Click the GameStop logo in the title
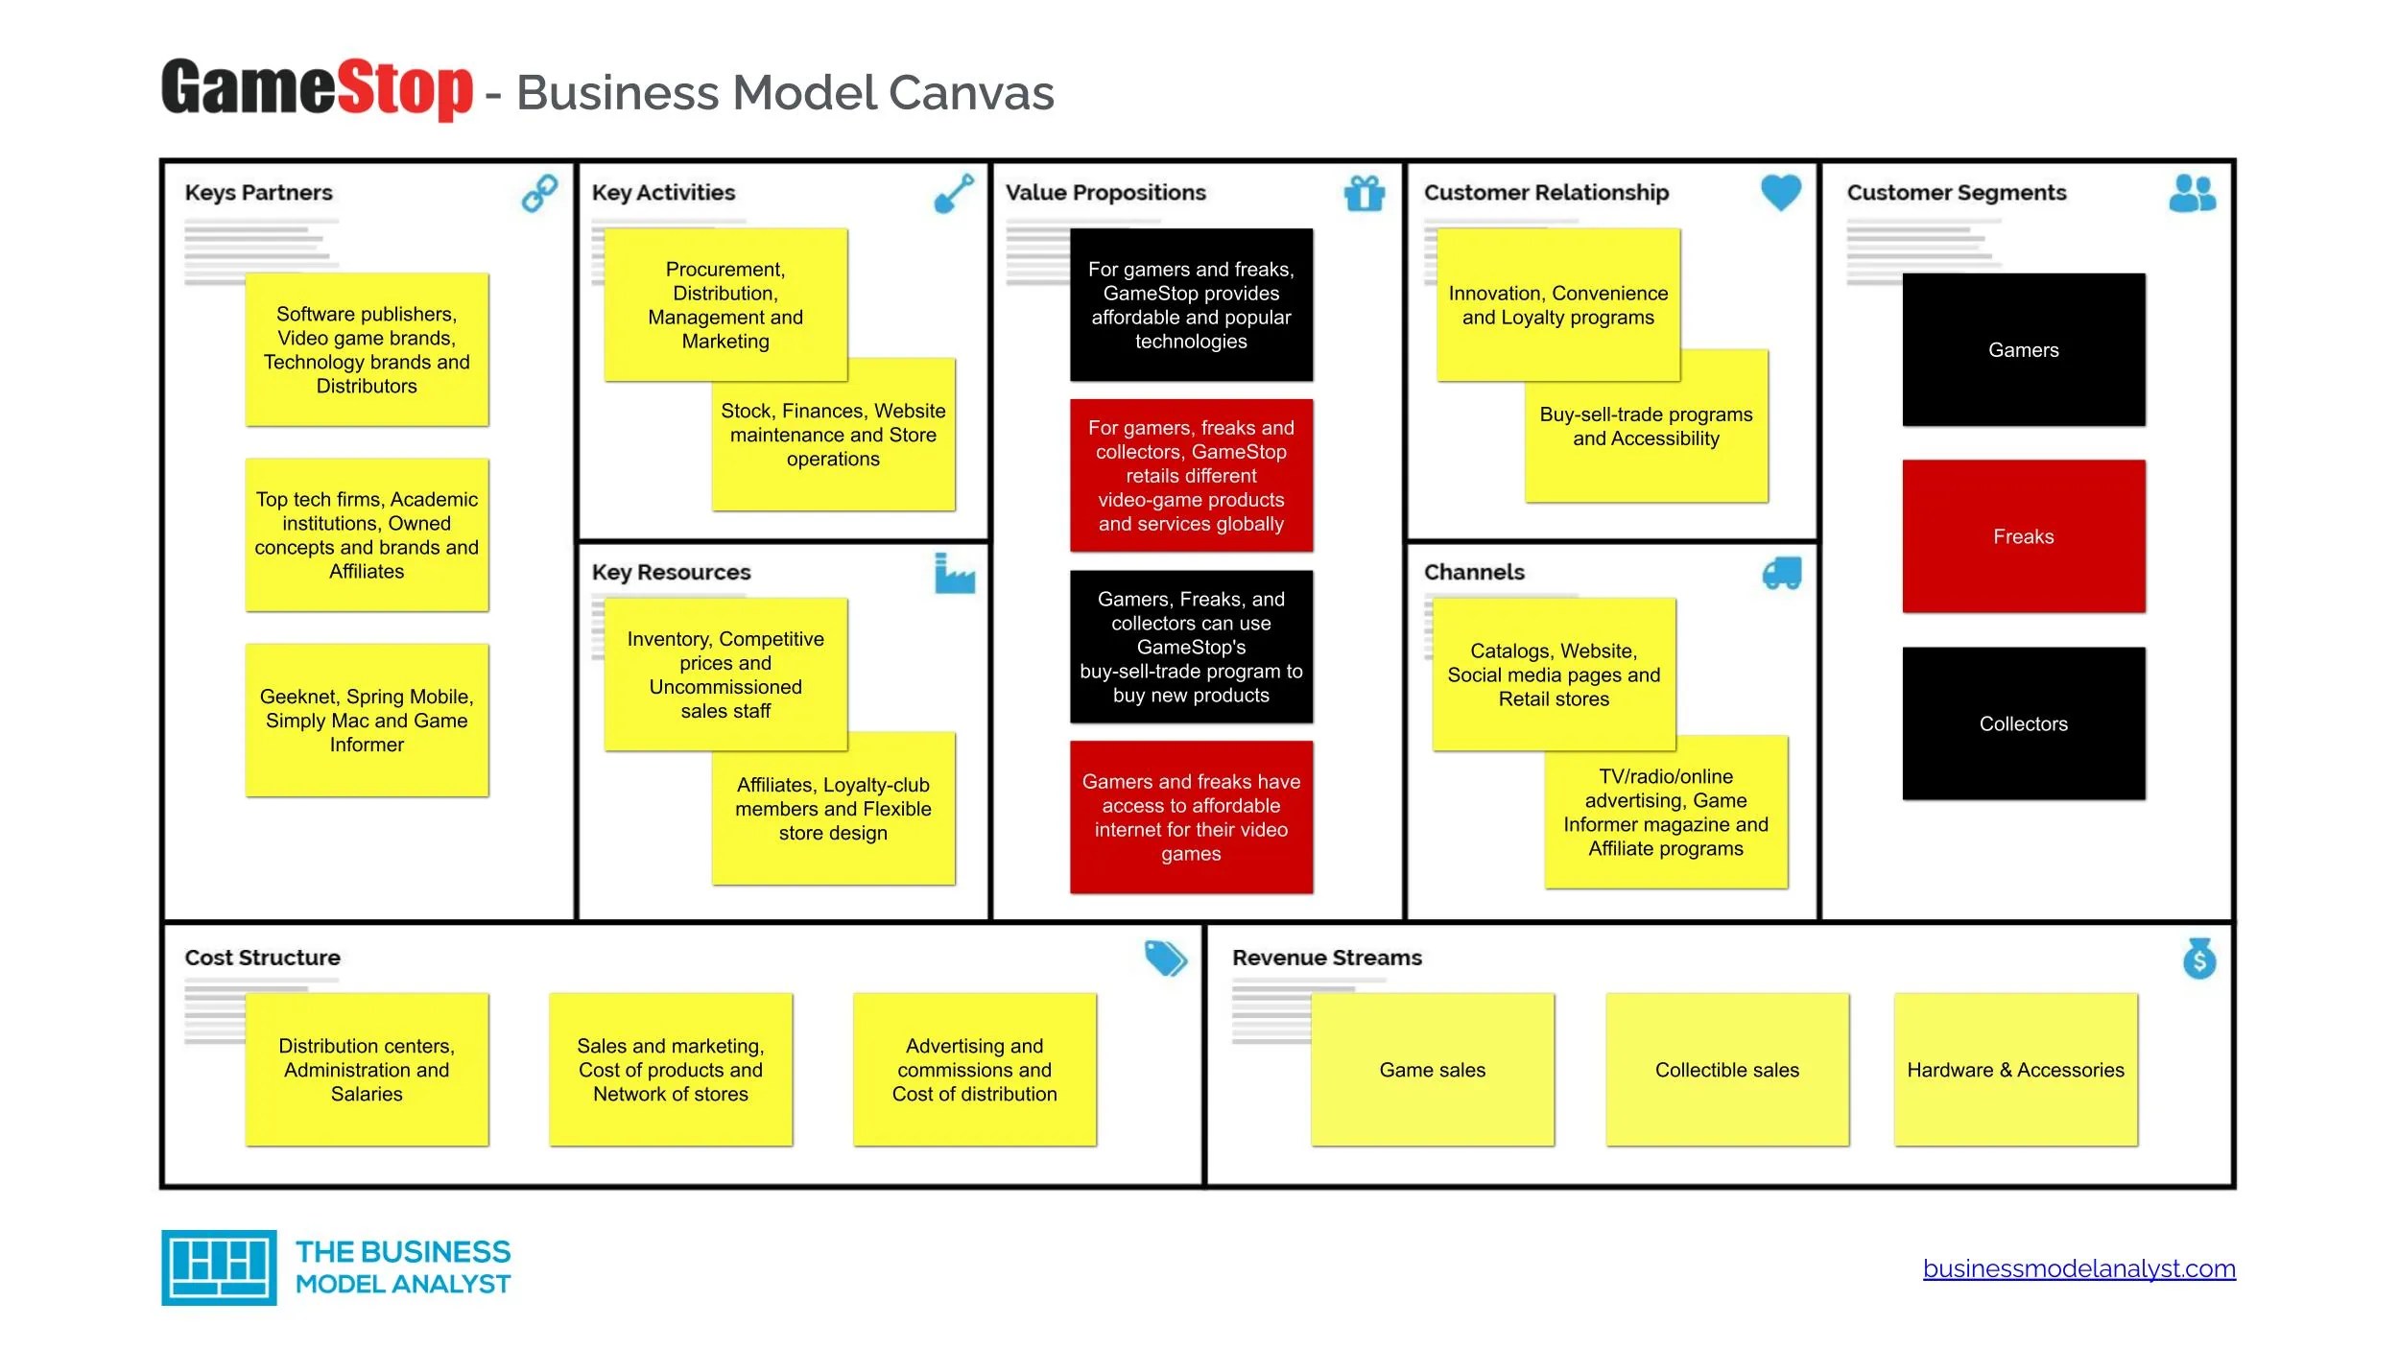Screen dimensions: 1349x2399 pyautogui.click(x=317, y=88)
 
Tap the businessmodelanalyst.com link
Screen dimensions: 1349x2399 pyautogui.click(x=2078, y=1268)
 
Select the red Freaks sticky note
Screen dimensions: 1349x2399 pyautogui.click(x=2023, y=535)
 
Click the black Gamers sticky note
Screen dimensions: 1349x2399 pyautogui.click(x=2023, y=349)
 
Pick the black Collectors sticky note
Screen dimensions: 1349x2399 pyautogui.click(x=2023, y=722)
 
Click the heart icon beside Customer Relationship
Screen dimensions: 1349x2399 pyautogui.click(x=1780, y=192)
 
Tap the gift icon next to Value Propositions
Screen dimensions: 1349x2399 pyautogui.click(x=1364, y=193)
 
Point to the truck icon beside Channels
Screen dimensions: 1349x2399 pyautogui.click(x=1781, y=573)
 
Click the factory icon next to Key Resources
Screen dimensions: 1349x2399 pyautogui.click(x=954, y=573)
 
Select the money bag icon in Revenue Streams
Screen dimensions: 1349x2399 pyautogui.click(x=2198, y=958)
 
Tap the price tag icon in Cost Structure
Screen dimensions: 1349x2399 pyautogui.click(x=1165, y=958)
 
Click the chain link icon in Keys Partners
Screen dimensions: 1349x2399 pyautogui.click(x=539, y=192)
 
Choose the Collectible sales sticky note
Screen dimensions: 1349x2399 pyautogui.click(x=1726, y=1069)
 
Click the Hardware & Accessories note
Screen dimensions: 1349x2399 pyautogui.click(x=2015, y=1069)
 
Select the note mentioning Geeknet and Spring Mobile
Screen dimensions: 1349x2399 pyautogui.click(x=367, y=720)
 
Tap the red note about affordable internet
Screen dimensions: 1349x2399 pyautogui.click(x=1191, y=816)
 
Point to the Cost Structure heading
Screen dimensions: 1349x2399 pyautogui.click(x=262, y=958)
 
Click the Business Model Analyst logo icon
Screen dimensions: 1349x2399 pyautogui.click(x=219, y=1266)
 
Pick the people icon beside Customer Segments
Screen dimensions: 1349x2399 pyautogui.click(x=2192, y=193)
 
